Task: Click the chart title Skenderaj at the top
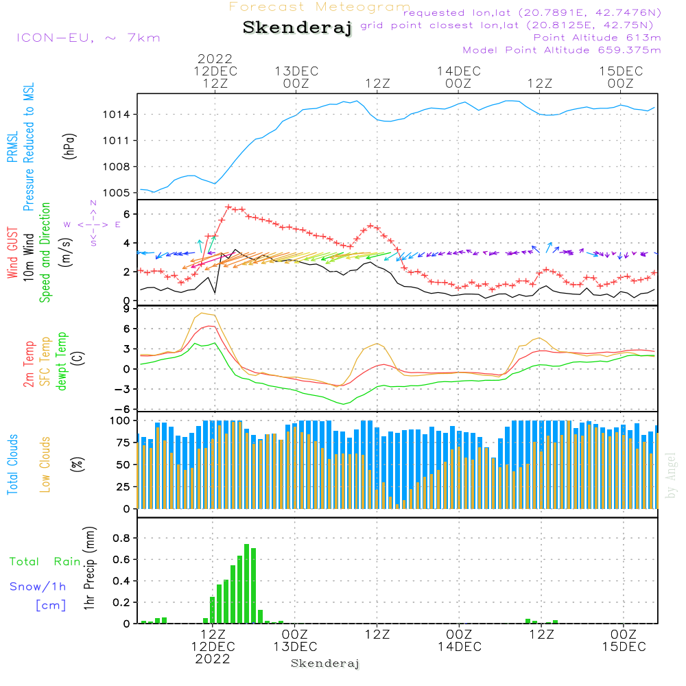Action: point(297,28)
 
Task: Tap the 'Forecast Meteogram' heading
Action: point(320,7)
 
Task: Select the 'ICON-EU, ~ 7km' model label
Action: point(88,37)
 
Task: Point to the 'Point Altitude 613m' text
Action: point(597,38)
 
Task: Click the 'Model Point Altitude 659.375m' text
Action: point(562,50)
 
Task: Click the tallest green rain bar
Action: point(247,583)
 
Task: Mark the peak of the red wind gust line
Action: point(228,206)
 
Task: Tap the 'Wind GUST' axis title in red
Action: point(12,254)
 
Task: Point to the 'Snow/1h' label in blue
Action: point(38,587)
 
